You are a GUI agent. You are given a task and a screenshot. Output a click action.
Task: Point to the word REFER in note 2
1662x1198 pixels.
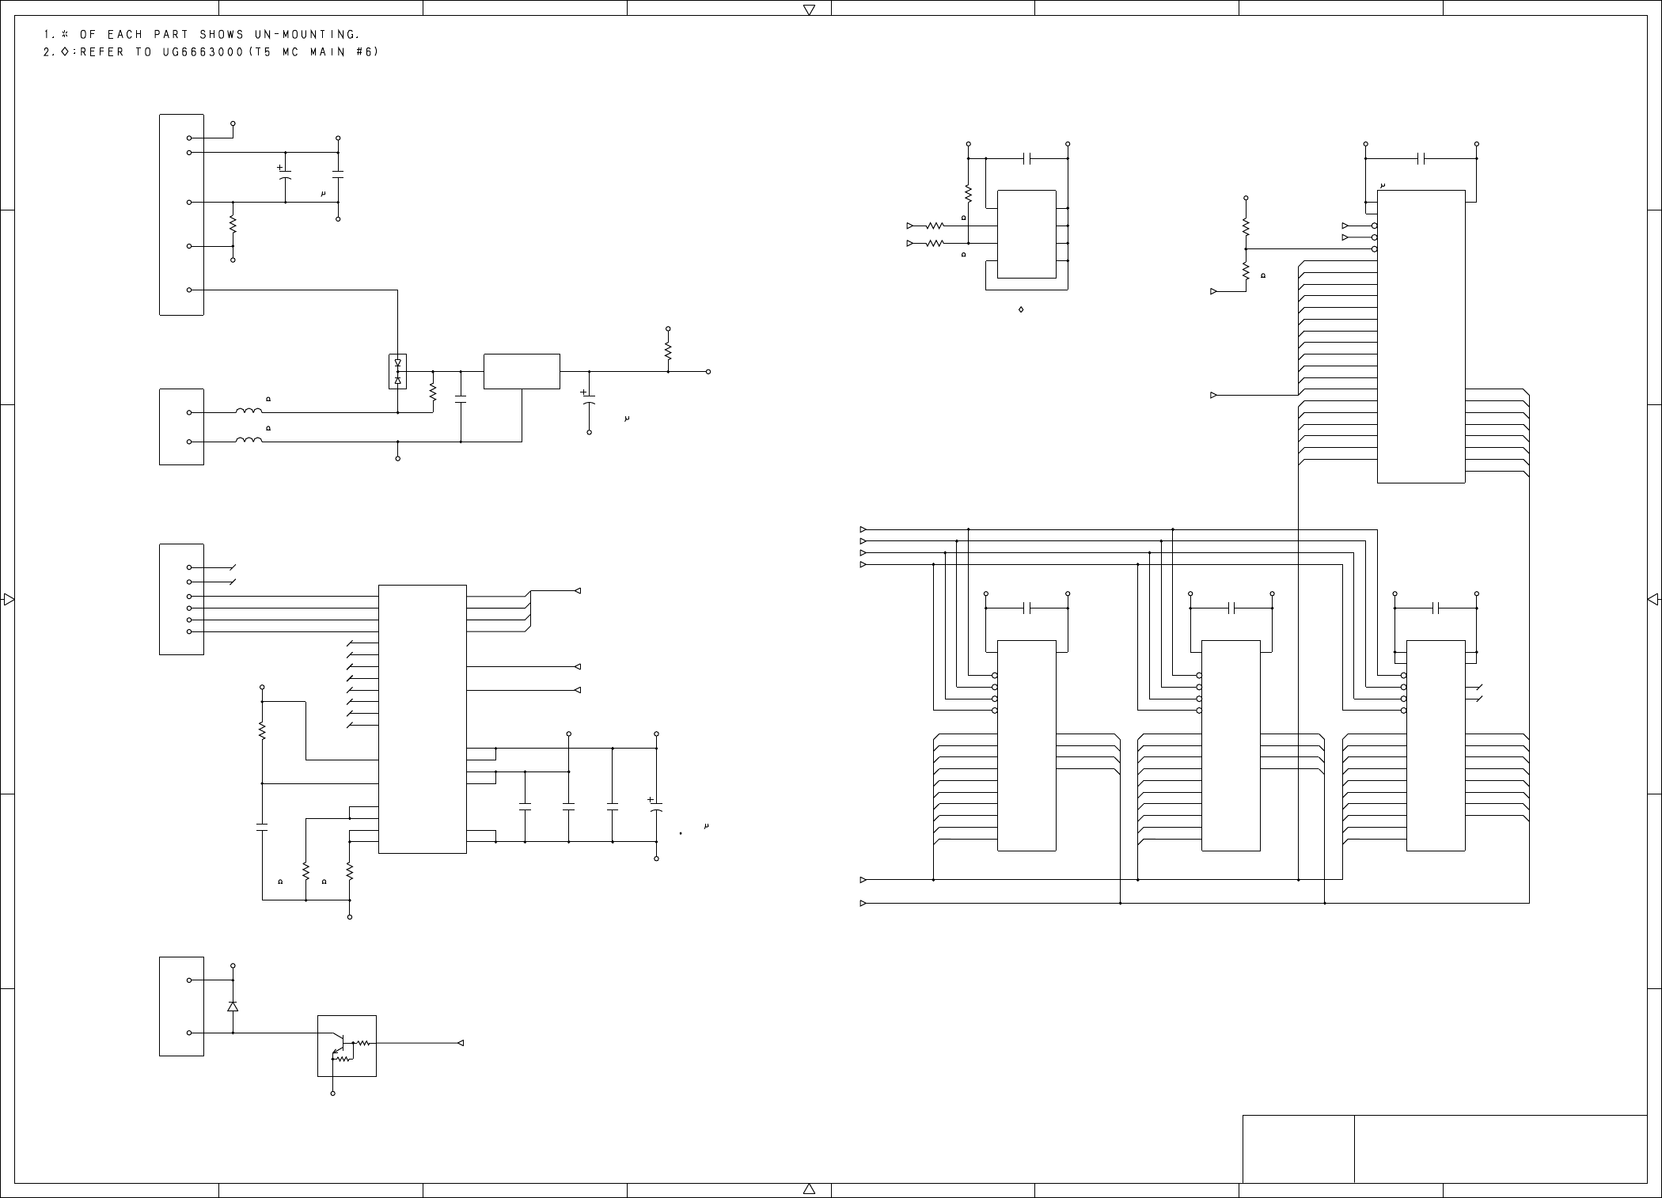click(x=102, y=52)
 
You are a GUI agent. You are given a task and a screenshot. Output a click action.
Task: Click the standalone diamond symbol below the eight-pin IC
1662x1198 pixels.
click(x=1021, y=309)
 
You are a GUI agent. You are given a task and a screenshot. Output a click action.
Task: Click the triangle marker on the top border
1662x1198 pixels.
click(x=809, y=10)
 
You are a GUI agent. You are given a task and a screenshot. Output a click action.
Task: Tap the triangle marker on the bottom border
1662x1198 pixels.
click(x=809, y=1189)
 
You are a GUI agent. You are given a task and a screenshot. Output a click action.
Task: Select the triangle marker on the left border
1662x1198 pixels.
click(x=9, y=599)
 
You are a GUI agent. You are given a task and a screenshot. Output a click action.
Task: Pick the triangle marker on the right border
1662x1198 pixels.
click(x=1653, y=600)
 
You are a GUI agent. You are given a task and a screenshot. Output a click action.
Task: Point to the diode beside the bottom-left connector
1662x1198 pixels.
click(x=233, y=1007)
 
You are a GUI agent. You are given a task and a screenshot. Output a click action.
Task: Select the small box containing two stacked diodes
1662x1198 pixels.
click(x=397, y=371)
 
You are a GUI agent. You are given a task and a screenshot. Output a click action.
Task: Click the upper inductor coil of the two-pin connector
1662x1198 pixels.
click(x=249, y=411)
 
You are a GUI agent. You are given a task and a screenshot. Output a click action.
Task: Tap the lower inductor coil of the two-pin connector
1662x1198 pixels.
click(x=249, y=441)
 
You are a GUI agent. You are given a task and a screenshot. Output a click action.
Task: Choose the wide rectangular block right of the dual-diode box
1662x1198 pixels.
click(x=522, y=371)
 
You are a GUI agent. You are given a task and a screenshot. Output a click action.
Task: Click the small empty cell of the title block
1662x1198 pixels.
click(x=1298, y=1149)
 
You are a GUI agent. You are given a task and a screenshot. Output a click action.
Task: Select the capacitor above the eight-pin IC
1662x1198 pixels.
click(x=1027, y=158)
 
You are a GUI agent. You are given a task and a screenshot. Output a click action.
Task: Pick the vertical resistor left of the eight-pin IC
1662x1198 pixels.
click(x=968, y=192)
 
